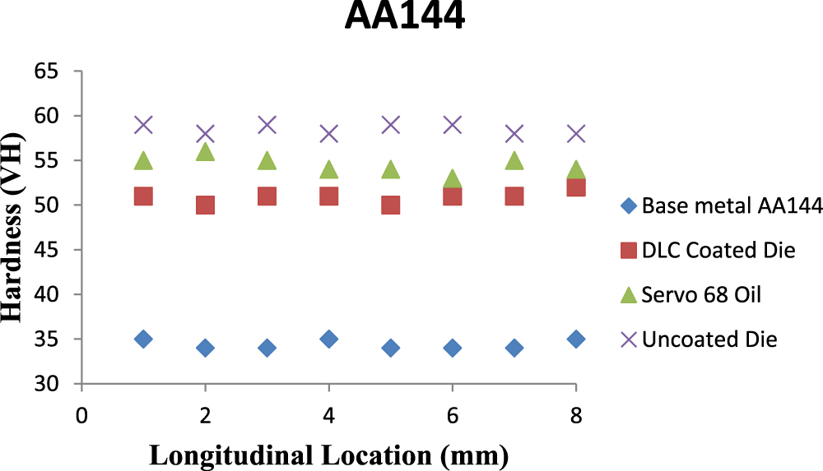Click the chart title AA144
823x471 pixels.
tap(404, 17)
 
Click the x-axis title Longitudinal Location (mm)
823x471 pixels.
tap(328, 453)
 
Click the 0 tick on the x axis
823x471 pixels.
tap(81, 416)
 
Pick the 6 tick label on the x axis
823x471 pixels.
tap(453, 416)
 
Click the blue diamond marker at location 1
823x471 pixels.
tap(143, 339)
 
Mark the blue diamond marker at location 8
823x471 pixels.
tap(576, 339)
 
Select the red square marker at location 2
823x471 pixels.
tap(205, 205)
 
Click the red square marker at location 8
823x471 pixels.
tap(576, 187)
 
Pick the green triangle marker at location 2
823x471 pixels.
tap(205, 152)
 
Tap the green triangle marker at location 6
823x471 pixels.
tap(453, 179)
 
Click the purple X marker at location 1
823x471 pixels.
tap(143, 125)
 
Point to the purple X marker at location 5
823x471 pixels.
tap(391, 125)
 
